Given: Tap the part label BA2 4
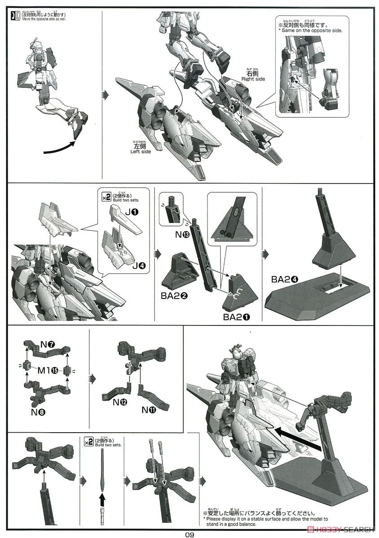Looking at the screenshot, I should [x=283, y=278].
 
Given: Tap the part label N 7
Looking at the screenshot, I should [x=47, y=344].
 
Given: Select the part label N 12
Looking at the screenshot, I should [x=120, y=402].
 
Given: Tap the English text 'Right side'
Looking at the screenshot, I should [x=253, y=79].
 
